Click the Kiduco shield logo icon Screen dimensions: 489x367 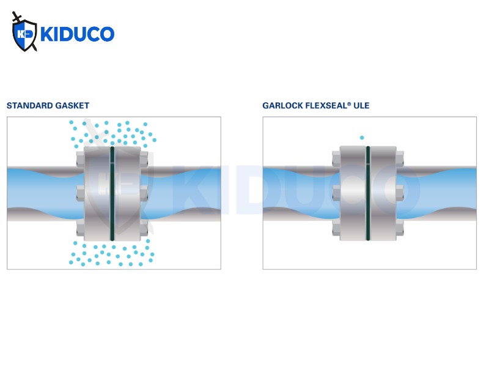pyautogui.click(x=24, y=32)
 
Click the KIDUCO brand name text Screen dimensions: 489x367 pyautogui.click(x=78, y=34)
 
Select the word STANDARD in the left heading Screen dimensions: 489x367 pyautogui.click(x=26, y=105)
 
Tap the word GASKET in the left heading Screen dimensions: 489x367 pyautogui.click(x=68, y=105)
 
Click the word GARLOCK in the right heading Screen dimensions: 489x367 pyautogui.click(x=283, y=105)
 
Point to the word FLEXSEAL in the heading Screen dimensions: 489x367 pyautogui.click(x=326, y=105)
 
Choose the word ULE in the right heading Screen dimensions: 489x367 pyautogui.click(x=361, y=105)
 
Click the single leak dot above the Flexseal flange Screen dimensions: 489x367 pyautogui.click(x=362, y=138)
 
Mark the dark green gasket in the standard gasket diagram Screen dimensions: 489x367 pyautogui.click(x=112, y=193)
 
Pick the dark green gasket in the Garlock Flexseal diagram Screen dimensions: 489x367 pyautogui.click(x=368, y=193)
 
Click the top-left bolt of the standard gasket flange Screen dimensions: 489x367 pyautogui.click(x=81, y=159)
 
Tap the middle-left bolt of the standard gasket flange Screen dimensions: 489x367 pyautogui.click(x=81, y=193)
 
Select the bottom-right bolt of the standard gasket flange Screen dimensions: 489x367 pyautogui.click(x=144, y=228)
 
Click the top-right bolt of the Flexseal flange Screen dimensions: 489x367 pyautogui.click(x=400, y=158)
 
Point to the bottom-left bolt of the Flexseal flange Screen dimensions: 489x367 pyautogui.click(x=336, y=228)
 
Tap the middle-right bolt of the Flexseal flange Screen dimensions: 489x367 pyautogui.click(x=400, y=193)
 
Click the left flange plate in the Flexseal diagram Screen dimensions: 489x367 pyautogui.click(x=353, y=193)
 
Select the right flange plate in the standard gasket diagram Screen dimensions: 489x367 pyautogui.click(x=128, y=193)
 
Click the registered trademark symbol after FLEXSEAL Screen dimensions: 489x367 pyautogui.click(x=349, y=103)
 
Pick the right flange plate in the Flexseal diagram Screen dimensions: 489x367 pyautogui.click(x=383, y=193)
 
